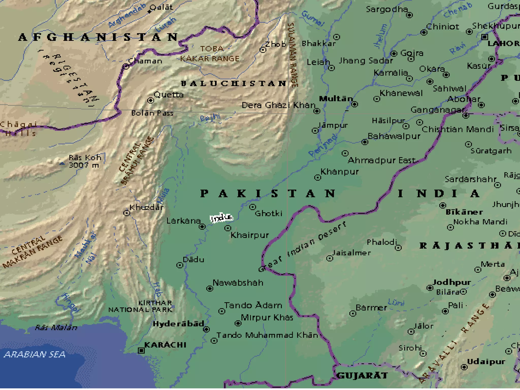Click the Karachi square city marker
coord(141,351)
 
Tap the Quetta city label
coord(169,95)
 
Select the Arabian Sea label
coord(35,354)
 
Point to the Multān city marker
coord(355,104)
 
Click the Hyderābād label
coord(178,324)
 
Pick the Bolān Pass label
coord(152,113)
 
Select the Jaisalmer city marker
coord(330,258)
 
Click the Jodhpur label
coord(452,282)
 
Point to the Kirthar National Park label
coord(140,306)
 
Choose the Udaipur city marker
coord(464,367)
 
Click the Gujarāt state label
coord(362,376)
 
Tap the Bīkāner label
coord(464,212)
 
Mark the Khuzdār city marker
coord(126,213)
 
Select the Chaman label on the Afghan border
coord(145,61)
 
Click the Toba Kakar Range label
coord(210,54)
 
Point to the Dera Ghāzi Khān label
coord(278,105)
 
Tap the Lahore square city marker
coord(485,37)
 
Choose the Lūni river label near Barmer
coord(396,302)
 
